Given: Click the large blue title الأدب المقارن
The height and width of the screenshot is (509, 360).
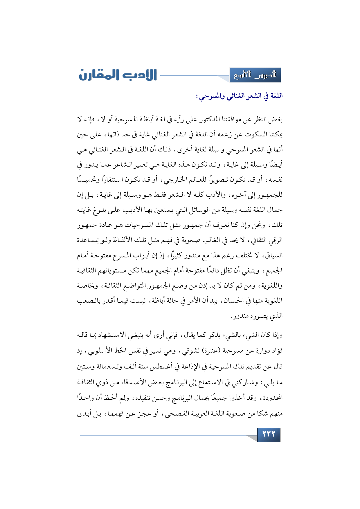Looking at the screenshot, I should (x=118, y=75).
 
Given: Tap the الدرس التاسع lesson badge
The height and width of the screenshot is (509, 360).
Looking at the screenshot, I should (x=255, y=75).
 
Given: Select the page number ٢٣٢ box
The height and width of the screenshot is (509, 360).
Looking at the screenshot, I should (x=269, y=434).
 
